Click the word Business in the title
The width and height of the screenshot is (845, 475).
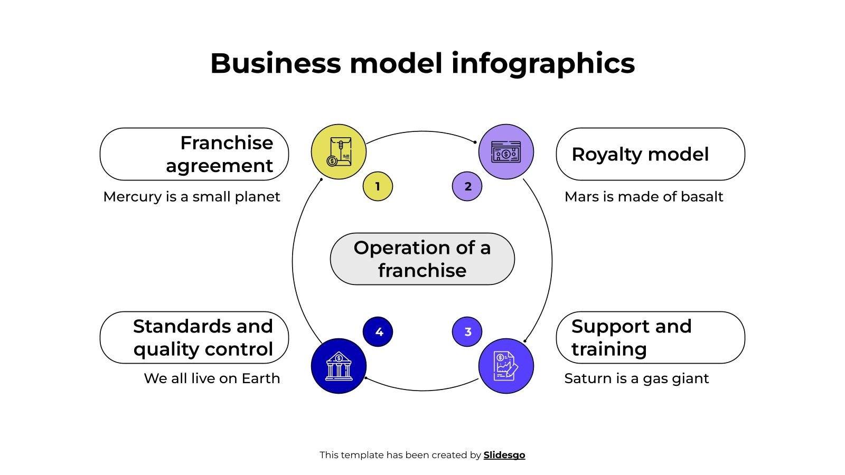tap(275, 63)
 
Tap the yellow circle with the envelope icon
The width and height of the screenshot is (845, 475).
tap(339, 152)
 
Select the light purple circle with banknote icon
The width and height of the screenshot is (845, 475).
tap(506, 152)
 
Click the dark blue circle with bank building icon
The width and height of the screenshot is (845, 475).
tap(339, 366)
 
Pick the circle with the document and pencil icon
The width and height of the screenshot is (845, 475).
tap(506, 366)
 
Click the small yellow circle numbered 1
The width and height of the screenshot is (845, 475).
tap(378, 186)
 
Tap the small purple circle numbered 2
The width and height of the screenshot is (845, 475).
tap(467, 186)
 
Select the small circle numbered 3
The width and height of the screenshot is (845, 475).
tap(467, 332)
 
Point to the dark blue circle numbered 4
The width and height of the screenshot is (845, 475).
tap(378, 332)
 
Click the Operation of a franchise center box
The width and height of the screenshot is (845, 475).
tap(422, 259)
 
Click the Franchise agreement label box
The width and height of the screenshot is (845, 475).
tap(194, 154)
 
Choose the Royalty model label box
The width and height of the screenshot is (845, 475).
tap(650, 154)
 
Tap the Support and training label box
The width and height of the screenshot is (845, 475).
tap(650, 338)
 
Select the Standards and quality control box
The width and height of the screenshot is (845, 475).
tap(194, 338)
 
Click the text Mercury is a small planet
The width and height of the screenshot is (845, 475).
tap(192, 197)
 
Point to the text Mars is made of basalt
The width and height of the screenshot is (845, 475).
tap(643, 197)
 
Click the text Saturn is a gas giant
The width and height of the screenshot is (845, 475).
tap(636, 378)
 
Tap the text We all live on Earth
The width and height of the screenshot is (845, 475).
tap(212, 378)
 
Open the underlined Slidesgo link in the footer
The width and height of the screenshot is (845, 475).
tap(504, 455)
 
